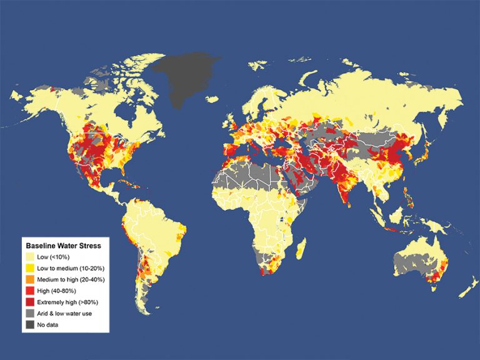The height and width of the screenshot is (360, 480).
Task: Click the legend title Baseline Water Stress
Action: [62, 246]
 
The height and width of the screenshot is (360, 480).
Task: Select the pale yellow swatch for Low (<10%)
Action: [30, 257]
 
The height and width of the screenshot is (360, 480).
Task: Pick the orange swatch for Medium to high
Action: [30, 279]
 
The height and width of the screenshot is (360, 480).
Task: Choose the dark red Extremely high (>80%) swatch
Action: [30, 302]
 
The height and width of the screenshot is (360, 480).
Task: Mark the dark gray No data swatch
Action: [30, 324]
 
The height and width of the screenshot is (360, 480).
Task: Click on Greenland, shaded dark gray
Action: [187, 81]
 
